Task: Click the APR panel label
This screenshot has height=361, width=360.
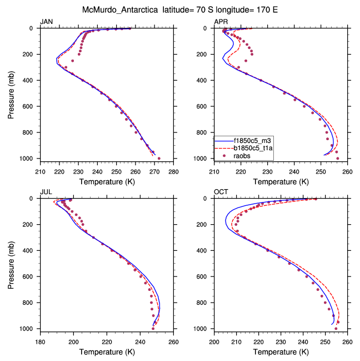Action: (221, 21)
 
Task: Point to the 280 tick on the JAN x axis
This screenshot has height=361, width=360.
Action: (173, 171)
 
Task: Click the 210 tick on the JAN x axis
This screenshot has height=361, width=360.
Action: (40, 171)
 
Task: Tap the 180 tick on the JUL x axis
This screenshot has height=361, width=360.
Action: (40, 342)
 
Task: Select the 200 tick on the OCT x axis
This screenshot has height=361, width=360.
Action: (214, 342)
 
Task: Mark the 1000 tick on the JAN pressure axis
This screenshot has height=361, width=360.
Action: (29, 159)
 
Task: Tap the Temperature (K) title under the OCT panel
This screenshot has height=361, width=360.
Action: (281, 352)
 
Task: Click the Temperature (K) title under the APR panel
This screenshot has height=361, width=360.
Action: (281, 182)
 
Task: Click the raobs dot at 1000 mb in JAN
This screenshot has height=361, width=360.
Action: (159, 159)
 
